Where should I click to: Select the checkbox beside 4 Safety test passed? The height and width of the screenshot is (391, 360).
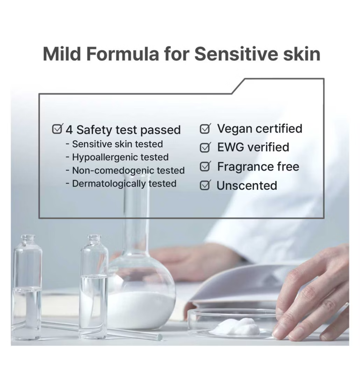[57, 129]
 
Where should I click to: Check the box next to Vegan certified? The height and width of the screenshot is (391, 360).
[205, 129]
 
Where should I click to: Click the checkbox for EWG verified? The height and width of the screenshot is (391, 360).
[205, 148]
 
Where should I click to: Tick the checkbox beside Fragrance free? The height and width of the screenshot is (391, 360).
[205, 167]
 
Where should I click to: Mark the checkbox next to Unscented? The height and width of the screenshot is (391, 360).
[205, 186]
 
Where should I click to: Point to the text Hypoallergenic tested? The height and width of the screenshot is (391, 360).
[120, 157]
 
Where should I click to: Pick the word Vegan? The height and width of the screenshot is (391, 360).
[233, 129]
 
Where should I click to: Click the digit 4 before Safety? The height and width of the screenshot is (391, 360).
[69, 130]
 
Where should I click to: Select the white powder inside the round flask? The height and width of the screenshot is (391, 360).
[142, 309]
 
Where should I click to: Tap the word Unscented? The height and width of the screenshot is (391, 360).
[247, 186]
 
